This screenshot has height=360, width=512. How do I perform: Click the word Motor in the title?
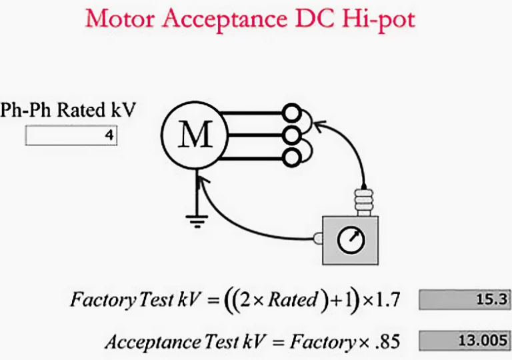click(x=120, y=19)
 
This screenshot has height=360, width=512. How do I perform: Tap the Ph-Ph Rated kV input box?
click(x=71, y=135)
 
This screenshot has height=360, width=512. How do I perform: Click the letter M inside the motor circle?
click(x=195, y=134)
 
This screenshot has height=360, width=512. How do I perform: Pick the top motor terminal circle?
click(x=291, y=113)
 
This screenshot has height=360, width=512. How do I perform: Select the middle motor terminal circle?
click(x=291, y=135)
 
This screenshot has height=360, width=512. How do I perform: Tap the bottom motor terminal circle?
click(x=291, y=158)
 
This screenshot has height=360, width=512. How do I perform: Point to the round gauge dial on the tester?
click(x=351, y=240)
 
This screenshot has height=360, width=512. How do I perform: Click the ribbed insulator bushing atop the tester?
click(x=364, y=202)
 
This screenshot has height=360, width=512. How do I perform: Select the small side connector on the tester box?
click(x=318, y=238)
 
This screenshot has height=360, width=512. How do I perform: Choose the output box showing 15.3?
click(x=465, y=299)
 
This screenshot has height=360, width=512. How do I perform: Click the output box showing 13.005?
click(x=465, y=341)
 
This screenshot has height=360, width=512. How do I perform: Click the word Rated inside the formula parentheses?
click(x=293, y=299)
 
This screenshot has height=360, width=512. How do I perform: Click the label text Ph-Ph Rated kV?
click(x=67, y=110)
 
